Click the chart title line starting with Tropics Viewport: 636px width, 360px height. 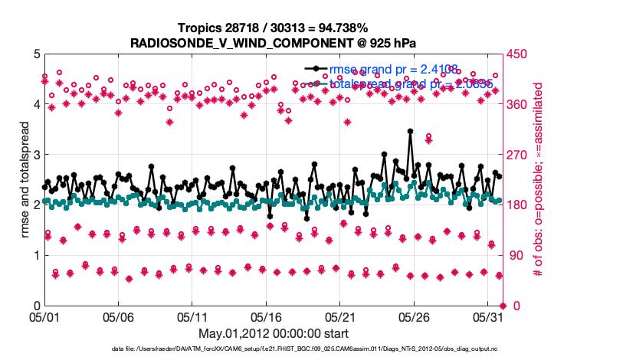[x=273, y=28]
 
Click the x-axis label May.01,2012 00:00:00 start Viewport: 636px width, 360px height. [x=273, y=333]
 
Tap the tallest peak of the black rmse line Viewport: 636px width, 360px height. [x=411, y=131]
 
